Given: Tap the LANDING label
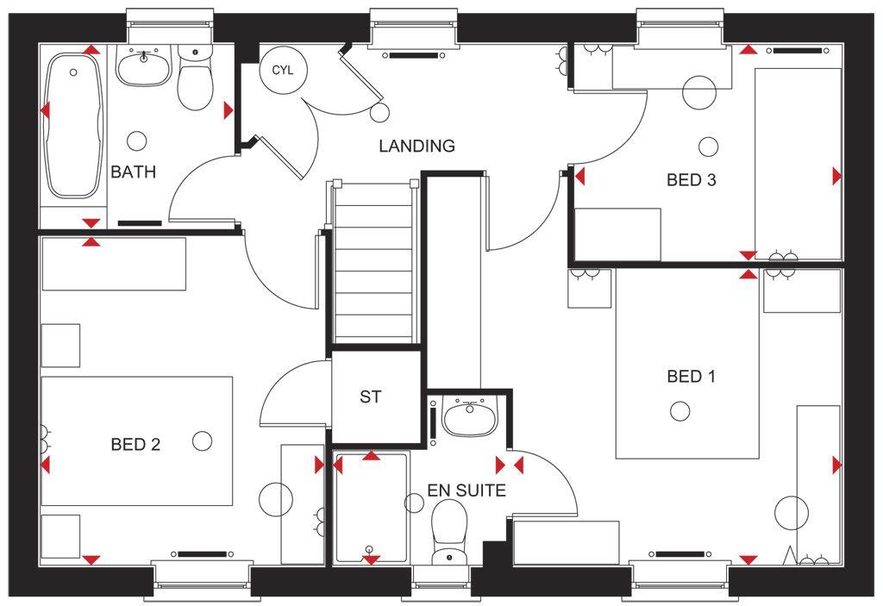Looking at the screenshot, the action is [x=416, y=146].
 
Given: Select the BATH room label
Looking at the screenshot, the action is [x=134, y=172].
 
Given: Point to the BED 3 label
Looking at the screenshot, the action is [x=691, y=179].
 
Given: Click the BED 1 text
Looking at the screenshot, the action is [x=691, y=376].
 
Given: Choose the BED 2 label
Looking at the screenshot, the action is [x=135, y=444].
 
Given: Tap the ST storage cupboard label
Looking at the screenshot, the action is [x=370, y=397].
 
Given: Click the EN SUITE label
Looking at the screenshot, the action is [x=467, y=490].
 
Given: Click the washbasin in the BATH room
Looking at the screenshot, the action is [x=144, y=66].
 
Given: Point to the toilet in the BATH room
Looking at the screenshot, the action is [x=195, y=78].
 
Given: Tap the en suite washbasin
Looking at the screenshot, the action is [x=469, y=417].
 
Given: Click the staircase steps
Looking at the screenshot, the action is [x=374, y=262].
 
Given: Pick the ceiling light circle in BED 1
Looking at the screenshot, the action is [x=680, y=412].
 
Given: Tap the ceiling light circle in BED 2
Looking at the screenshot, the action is [x=202, y=441].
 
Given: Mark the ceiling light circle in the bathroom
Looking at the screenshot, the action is [x=137, y=141].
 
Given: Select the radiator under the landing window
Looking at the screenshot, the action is [x=413, y=55].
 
